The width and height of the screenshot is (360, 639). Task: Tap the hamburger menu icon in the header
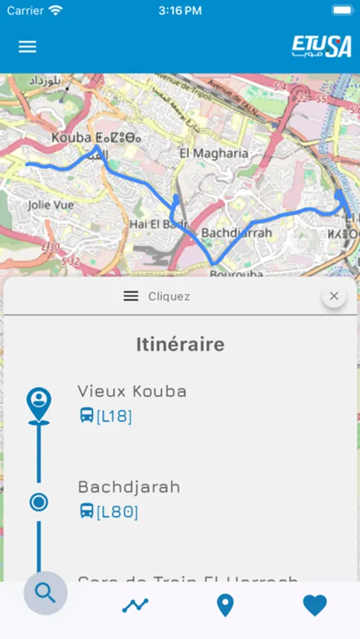27,47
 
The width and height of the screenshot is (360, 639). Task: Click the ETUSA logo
322,47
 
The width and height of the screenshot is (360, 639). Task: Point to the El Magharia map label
214,153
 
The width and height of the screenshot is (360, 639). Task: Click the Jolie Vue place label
50,204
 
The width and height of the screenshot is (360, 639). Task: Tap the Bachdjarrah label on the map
236,233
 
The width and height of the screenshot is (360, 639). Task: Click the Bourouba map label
236,273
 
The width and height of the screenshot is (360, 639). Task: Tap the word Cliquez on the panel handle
169,297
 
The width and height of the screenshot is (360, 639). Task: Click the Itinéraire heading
180,344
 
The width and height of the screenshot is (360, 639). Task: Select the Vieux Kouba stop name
132,391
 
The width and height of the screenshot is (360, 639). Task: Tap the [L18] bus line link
114,416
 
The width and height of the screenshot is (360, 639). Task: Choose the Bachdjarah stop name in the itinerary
129,487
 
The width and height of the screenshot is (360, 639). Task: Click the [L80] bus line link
116,511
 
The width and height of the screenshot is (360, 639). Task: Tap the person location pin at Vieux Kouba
39,403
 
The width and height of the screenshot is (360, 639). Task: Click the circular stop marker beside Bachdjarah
39,503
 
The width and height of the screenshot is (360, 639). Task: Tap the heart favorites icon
315,606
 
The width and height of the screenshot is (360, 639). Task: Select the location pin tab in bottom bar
225,606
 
